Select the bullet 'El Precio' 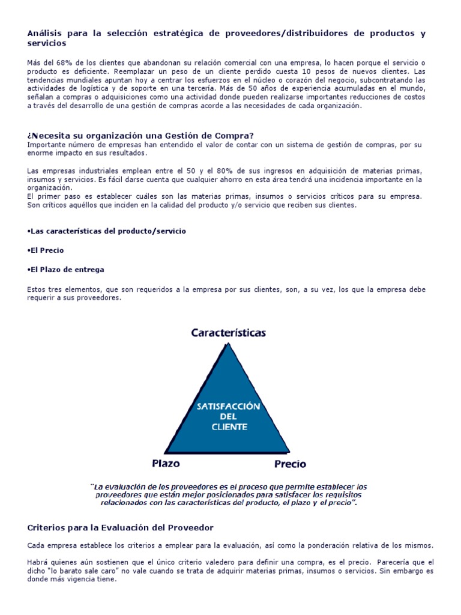pos(46,250)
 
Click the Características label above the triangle pos(228,332)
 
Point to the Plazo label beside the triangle pos(165,463)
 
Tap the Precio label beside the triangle pos(290,464)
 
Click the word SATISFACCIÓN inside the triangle pos(229,406)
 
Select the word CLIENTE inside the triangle pos(229,427)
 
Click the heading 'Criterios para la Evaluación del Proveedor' pos(121,527)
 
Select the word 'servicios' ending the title pos(47,44)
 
